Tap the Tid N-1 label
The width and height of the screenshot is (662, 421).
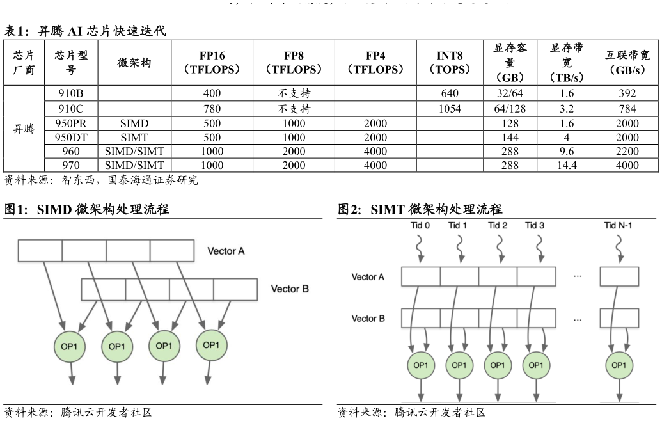click(619, 225)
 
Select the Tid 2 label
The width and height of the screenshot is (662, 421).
click(498, 225)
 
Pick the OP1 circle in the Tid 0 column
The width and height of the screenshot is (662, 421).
click(421, 365)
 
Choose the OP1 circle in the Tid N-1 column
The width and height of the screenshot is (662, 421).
click(619, 365)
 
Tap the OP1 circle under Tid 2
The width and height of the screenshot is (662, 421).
click(496, 365)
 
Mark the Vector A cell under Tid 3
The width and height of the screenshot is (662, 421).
click(536, 276)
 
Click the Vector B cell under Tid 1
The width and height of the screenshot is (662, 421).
click(459, 318)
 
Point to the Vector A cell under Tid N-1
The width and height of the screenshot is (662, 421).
click(619, 276)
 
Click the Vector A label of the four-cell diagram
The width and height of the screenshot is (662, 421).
click(226, 251)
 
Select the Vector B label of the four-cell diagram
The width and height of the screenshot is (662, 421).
click(290, 289)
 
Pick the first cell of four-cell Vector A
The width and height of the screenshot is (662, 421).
click(40, 251)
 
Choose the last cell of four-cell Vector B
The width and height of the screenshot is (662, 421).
click(235, 289)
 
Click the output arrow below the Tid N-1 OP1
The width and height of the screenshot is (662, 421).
click(619, 392)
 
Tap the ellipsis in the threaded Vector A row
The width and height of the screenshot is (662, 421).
click(578, 276)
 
